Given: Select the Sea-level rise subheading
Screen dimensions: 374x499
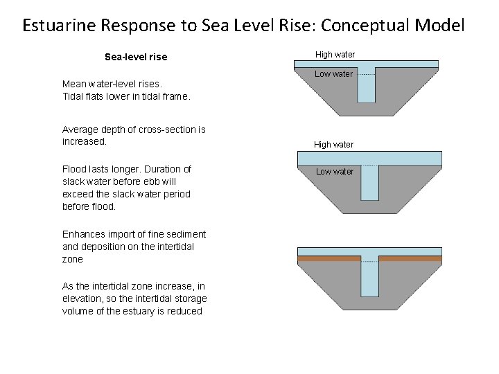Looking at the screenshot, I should click(x=136, y=57).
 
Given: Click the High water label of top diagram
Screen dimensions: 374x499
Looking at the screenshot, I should click(x=335, y=54).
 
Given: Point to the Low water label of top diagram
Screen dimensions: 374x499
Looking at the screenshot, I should click(x=334, y=74).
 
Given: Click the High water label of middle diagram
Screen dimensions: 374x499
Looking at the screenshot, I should click(x=333, y=145).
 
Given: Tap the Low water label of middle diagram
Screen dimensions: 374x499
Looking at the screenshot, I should click(x=335, y=171).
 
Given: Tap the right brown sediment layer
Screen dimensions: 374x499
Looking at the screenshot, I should click(x=410, y=258).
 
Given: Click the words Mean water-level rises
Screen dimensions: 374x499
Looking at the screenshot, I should click(x=105, y=84).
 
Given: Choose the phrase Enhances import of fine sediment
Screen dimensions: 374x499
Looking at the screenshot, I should click(x=134, y=234).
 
